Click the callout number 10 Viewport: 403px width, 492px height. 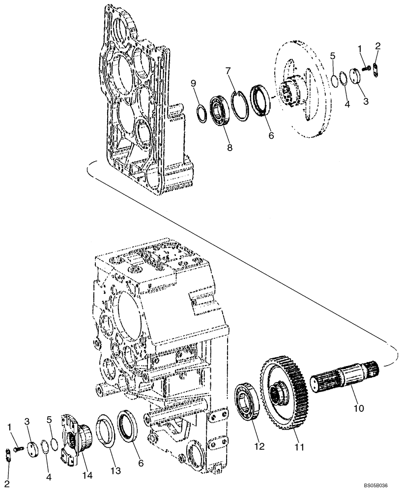tap(358, 408)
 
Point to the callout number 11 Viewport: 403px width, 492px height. tap(299, 447)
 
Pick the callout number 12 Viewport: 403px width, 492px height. tap(259, 446)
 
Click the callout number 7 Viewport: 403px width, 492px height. tap(228, 71)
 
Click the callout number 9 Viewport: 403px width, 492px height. tap(193, 82)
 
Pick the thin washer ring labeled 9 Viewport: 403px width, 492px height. tap(201, 112)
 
